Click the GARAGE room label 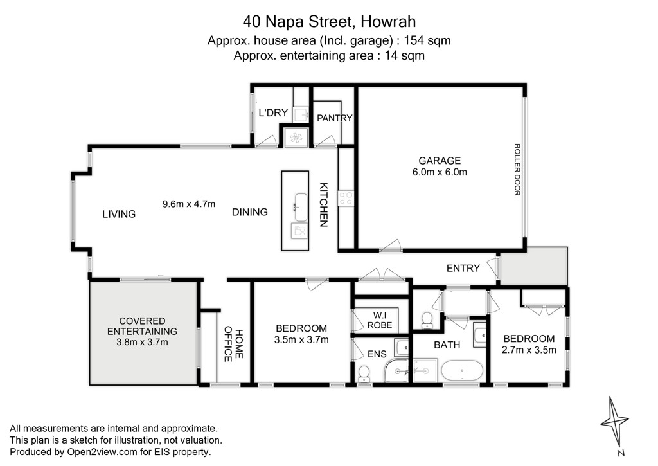440,161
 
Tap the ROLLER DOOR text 517,170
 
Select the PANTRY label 334,118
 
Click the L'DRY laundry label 273,112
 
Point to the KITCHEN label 324,205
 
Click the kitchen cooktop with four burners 346,198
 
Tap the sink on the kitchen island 301,208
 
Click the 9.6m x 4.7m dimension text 189,204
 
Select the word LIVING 119,214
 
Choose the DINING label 250,212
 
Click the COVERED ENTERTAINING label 142,327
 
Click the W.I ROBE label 380,320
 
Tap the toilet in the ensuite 364,374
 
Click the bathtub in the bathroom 462,371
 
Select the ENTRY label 463,268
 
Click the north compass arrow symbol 614,422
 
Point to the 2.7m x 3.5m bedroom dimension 529,350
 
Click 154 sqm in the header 427,40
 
